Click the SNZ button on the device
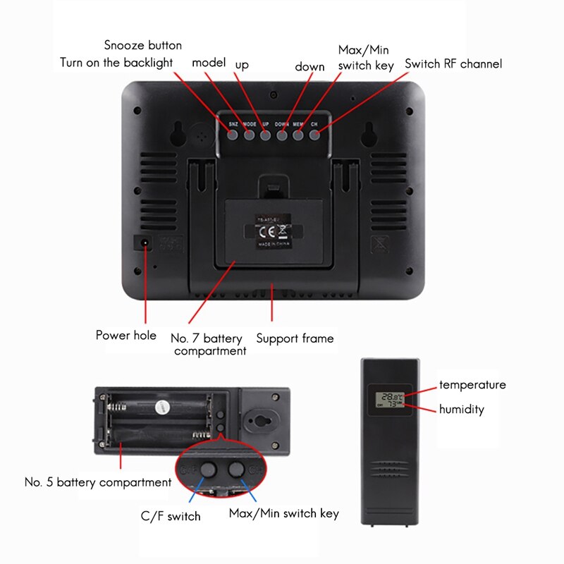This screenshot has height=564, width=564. point(233,134)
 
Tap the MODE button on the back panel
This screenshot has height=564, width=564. point(249,134)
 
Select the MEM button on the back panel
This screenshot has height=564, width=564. point(298,134)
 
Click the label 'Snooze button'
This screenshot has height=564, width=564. point(143,45)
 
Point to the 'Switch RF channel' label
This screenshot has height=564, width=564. point(453,63)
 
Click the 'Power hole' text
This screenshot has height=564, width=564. point(126,335)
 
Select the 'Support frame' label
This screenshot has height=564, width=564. point(295,338)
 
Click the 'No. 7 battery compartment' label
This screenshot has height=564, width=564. point(209,345)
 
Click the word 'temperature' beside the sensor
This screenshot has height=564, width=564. point(472,385)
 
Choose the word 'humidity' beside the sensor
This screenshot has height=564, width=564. point(462,409)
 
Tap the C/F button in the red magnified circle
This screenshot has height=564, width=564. point(209,470)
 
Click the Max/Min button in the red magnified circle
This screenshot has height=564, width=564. point(236,470)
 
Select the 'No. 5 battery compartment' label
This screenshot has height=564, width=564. point(98,483)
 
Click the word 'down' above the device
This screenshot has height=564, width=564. point(309,67)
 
